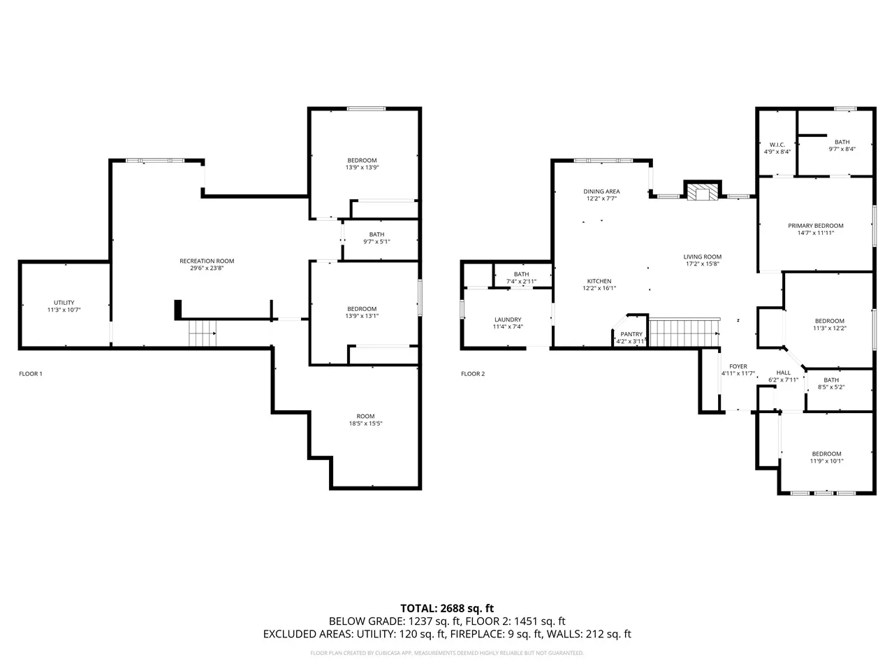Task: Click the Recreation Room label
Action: click(x=207, y=261)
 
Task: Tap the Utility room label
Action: click(x=64, y=302)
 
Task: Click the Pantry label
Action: click(x=631, y=334)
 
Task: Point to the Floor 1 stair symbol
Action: click(x=203, y=333)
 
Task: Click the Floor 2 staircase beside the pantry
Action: click(x=684, y=333)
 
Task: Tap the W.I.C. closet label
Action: click(x=777, y=145)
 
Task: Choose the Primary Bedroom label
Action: click(x=815, y=226)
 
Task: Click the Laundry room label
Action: click(x=508, y=319)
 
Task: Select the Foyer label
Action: click(x=738, y=366)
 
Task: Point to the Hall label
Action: click(x=783, y=373)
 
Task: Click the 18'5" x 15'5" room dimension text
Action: click(x=365, y=424)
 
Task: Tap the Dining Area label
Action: click(x=601, y=192)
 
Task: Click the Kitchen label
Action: click(x=599, y=281)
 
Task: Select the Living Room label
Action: click(x=702, y=257)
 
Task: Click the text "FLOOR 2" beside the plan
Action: click(x=473, y=373)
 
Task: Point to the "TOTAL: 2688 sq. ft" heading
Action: click(x=447, y=608)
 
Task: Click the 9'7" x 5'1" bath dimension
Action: click(x=376, y=242)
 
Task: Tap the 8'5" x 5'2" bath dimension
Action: click(x=831, y=387)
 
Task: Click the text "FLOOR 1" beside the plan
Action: click(x=31, y=373)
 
